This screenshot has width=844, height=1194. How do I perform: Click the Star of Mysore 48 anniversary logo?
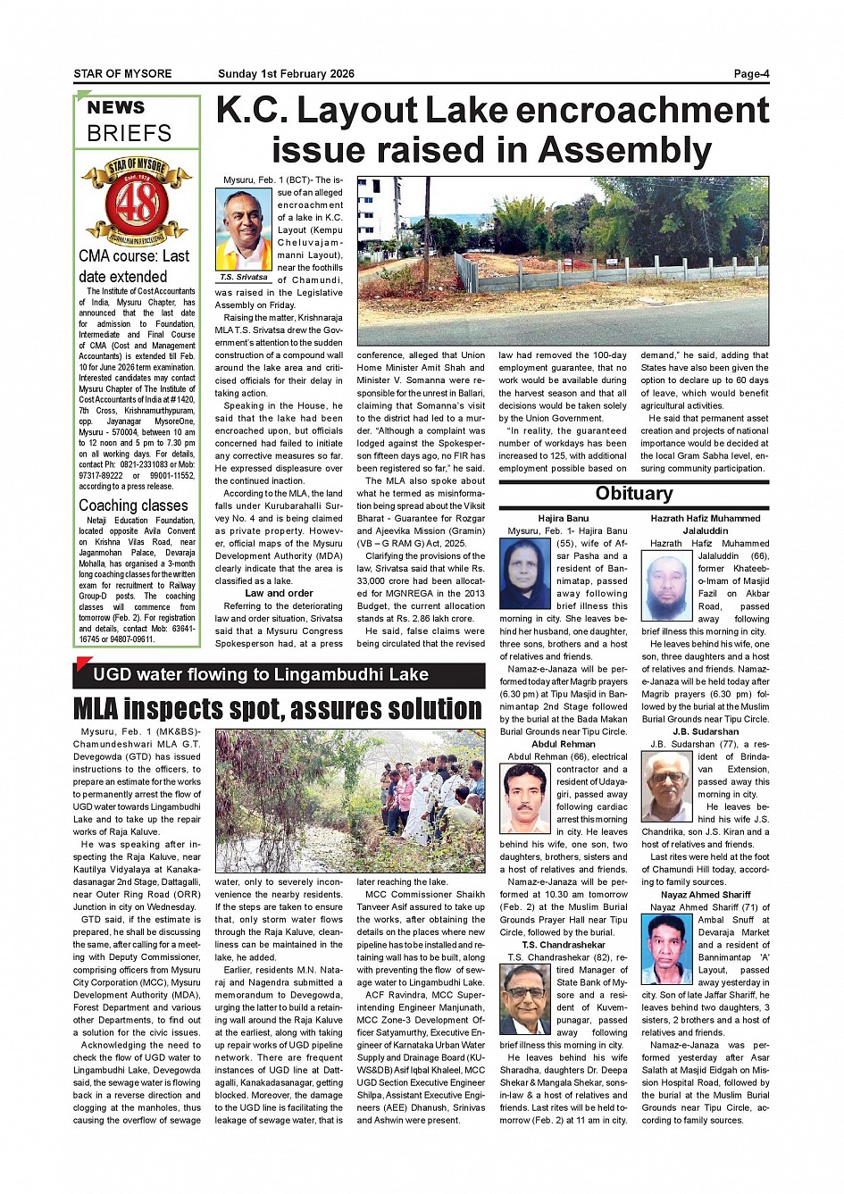click(137, 202)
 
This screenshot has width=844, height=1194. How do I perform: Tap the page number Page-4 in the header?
click(751, 74)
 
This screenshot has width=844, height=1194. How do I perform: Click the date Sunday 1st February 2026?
click(286, 74)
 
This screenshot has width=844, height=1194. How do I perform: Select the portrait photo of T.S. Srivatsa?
click(244, 230)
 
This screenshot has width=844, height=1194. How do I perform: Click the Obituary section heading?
click(633, 494)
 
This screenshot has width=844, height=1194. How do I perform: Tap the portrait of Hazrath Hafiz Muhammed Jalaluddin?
click(667, 588)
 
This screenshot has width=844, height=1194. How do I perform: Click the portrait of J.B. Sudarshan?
click(667, 781)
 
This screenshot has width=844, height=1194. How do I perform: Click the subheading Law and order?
click(279, 593)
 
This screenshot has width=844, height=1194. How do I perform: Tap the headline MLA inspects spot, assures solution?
click(278, 709)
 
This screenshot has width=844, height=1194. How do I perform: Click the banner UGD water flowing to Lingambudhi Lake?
click(261, 675)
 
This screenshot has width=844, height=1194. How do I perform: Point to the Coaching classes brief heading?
click(133, 505)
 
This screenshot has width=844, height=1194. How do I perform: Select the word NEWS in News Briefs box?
click(116, 108)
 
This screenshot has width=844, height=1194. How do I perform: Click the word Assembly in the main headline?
click(625, 150)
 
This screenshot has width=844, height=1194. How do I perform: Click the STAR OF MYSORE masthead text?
click(122, 74)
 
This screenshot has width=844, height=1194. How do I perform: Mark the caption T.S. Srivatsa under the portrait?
click(244, 278)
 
